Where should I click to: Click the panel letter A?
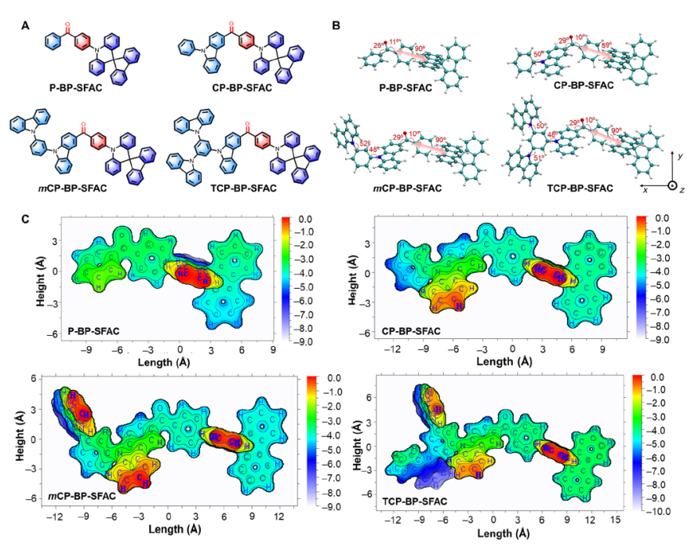tap(26, 26)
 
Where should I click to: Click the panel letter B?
tap(336, 26)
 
